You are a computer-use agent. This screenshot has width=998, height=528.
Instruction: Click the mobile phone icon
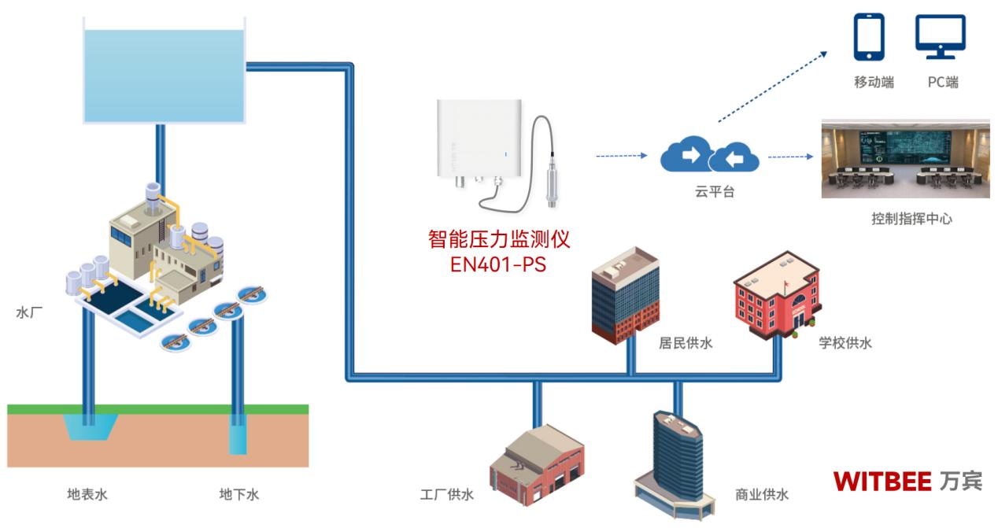[869, 38]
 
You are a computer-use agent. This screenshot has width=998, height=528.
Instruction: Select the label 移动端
[874, 82]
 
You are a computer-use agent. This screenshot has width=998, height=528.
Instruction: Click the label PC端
[942, 82]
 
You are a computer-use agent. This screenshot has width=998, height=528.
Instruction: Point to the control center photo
[904, 160]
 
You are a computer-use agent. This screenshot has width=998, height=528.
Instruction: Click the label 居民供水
[686, 343]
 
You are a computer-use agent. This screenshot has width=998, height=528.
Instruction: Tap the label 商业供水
[761, 495]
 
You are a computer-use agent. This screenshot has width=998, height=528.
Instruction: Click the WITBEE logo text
[882, 481]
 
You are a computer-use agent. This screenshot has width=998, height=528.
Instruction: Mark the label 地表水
[87, 495]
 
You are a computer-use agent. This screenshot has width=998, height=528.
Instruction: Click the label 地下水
[238, 495]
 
